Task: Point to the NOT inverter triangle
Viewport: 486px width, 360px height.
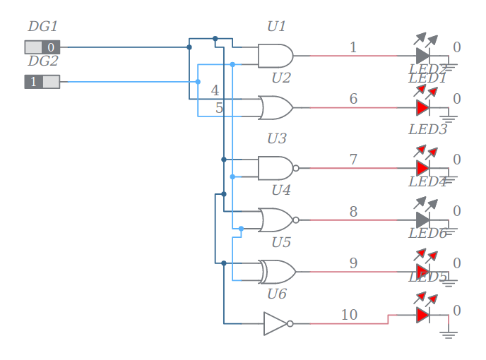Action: [x=275, y=323]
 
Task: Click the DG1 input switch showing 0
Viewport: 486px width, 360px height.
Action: [x=42, y=47]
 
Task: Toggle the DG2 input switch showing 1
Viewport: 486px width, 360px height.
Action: [x=42, y=82]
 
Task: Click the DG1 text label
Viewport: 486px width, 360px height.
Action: [x=42, y=27]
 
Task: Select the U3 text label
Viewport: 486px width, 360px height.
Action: [x=276, y=138]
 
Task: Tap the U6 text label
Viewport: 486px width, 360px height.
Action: [x=276, y=294]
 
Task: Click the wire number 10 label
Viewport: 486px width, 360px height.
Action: [x=349, y=315]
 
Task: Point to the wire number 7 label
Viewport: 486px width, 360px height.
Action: [x=353, y=160]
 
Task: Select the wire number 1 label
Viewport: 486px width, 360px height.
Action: [x=353, y=47]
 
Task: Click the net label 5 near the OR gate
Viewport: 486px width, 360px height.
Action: [x=219, y=108]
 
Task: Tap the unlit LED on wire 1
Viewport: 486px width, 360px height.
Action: [x=422, y=55]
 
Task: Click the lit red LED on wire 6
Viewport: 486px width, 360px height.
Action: [x=422, y=107]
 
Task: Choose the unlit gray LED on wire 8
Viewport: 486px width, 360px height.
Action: [x=422, y=220]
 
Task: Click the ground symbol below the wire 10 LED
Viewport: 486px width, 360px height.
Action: [x=449, y=334]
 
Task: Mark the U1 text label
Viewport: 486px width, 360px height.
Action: [x=276, y=27]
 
